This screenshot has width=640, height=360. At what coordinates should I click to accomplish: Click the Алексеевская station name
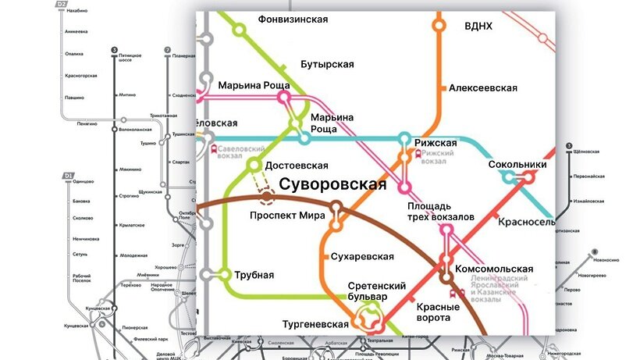pyautogui.click(x=483, y=88)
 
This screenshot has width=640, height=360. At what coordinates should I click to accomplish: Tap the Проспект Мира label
pyautogui.click(x=282, y=216)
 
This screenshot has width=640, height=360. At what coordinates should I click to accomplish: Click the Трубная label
pyautogui.click(x=254, y=274)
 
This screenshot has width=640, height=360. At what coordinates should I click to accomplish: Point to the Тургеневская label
pyautogui.click(x=315, y=324)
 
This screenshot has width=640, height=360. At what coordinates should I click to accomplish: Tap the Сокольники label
pyautogui.click(x=517, y=165)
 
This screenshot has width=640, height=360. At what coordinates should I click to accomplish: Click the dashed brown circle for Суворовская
pyautogui.click(x=267, y=198)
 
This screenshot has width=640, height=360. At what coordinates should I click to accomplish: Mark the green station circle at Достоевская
pyautogui.click(x=253, y=166)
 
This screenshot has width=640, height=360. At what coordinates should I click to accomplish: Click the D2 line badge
pyautogui.click(x=62, y=5)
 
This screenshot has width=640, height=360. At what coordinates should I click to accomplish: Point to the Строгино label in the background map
pyautogui.click(x=130, y=195)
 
